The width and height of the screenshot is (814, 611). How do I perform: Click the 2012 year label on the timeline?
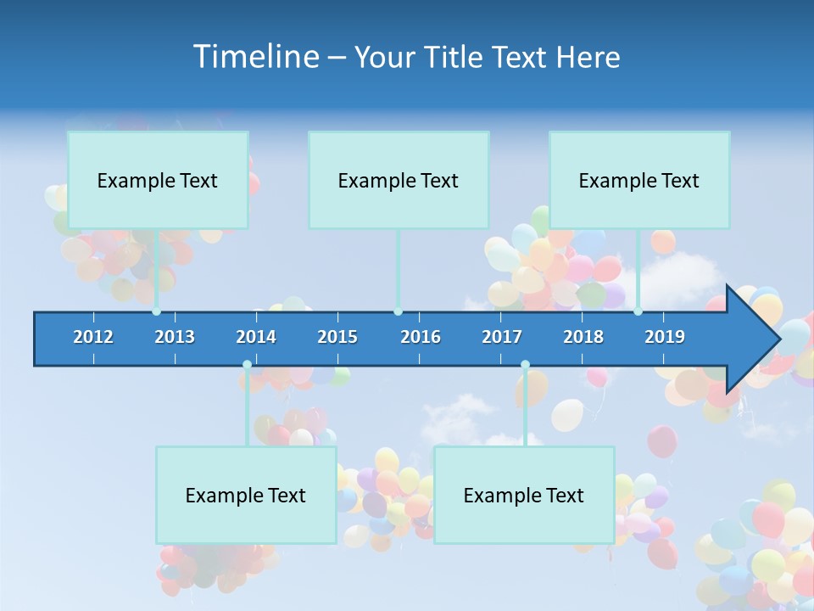(x=93, y=337)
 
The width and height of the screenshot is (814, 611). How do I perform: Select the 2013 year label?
(x=175, y=337)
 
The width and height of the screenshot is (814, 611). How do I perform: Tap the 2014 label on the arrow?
(x=256, y=337)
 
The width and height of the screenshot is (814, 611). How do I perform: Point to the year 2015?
(x=337, y=337)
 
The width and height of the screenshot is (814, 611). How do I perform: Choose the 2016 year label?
(x=421, y=337)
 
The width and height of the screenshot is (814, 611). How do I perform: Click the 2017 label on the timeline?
(x=502, y=337)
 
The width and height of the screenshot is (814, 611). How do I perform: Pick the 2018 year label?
(x=583, y=337)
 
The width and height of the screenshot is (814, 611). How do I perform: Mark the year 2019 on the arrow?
(x=665, y=337)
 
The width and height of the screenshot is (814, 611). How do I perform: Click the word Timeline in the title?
(x=254, y=57)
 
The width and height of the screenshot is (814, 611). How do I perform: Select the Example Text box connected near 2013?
(x=158, y=180)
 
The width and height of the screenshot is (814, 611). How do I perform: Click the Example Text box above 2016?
(x=399, y=180)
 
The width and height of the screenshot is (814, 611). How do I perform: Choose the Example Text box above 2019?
(x=639, y=180)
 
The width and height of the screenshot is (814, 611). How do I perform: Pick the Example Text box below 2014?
(x=246, y=495)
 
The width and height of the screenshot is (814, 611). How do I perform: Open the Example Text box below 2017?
(x=524, y=495)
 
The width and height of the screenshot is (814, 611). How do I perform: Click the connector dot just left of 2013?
(x=157, y=311)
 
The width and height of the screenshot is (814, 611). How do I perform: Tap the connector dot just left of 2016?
(x=398, y=311)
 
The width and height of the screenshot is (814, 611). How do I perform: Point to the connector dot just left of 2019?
(x=638, y=311)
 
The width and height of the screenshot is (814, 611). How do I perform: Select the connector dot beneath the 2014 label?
(x=247, y=365)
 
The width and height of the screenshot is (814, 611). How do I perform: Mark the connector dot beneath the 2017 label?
(x=525, y=365)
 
